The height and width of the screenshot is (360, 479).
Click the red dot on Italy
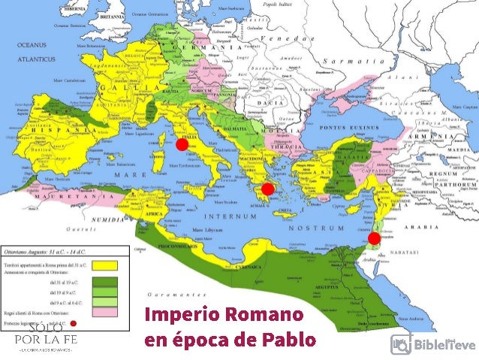point(181,145)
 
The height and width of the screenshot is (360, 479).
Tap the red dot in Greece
point(267,188)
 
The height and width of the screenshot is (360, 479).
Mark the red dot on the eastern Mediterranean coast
point(374,238)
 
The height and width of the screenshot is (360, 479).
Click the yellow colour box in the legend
point(106,266)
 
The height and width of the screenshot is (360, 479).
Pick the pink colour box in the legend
point(106,312)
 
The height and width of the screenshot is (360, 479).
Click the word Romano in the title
point(267,314)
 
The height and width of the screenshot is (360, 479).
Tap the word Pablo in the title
point(288,339)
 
